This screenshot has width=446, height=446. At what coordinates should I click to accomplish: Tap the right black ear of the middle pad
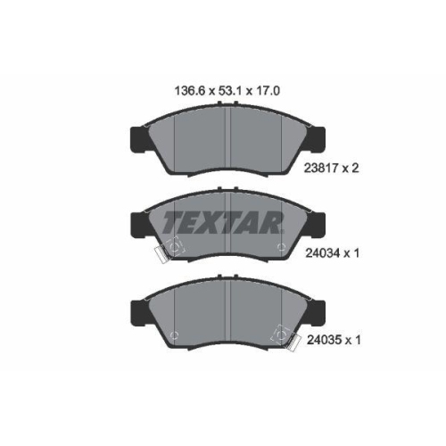[317, 222]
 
